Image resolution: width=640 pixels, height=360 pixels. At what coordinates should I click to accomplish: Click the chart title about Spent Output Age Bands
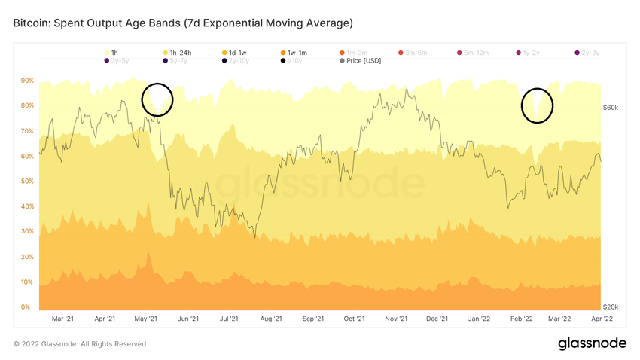[183, 23]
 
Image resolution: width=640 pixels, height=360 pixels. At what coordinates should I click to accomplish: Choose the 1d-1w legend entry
[238, 52]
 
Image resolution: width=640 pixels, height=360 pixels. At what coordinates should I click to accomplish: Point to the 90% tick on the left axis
[26, 81]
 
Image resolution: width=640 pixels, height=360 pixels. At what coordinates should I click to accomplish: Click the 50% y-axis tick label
[26, 182]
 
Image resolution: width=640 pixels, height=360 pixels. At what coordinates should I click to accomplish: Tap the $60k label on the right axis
[611, 108]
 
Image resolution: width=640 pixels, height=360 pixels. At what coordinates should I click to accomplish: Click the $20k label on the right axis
[611, 307]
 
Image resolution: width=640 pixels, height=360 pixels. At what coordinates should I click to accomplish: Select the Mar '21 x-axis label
[64, 319]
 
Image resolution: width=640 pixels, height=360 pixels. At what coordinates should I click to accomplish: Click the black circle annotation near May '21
[157, 99]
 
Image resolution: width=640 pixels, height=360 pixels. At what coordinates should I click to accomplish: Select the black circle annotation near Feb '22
[538, 105]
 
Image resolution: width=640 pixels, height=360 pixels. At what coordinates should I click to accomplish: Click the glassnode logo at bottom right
[592, 343]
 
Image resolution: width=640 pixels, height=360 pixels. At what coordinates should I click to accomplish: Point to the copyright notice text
[81, 344]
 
